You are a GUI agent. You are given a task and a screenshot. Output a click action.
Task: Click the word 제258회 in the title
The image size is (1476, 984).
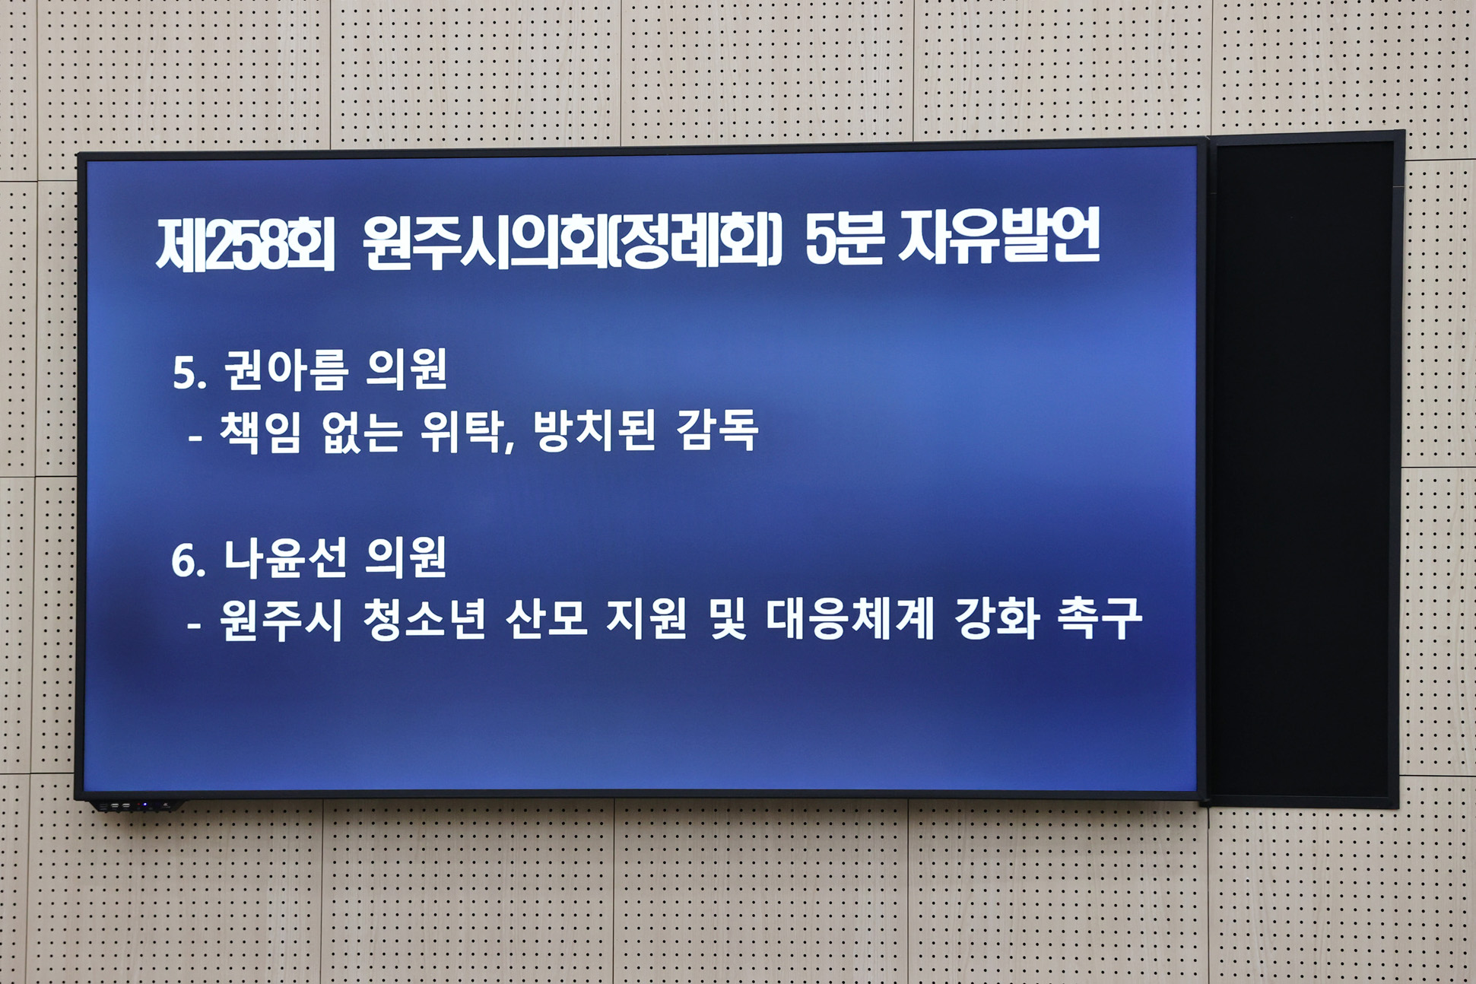coord(245,243)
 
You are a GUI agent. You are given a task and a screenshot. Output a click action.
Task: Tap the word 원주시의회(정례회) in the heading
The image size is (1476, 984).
coord(572,241)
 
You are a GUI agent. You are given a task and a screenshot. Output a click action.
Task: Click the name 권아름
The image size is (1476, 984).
coord(286,370)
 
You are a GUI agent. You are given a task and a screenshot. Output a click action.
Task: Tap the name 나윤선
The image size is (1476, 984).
coord(285,557)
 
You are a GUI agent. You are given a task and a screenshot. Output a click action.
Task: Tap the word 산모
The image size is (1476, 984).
coord(547,619)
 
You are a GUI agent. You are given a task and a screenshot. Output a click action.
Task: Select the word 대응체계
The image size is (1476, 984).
coord(849,619)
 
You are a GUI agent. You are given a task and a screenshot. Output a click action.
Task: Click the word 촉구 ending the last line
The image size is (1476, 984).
coord(1100,617)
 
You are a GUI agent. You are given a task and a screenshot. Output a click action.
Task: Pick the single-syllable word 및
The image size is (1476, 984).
coord(728,619)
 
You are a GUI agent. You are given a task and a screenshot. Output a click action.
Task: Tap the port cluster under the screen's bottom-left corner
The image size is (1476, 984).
coord(133,805)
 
